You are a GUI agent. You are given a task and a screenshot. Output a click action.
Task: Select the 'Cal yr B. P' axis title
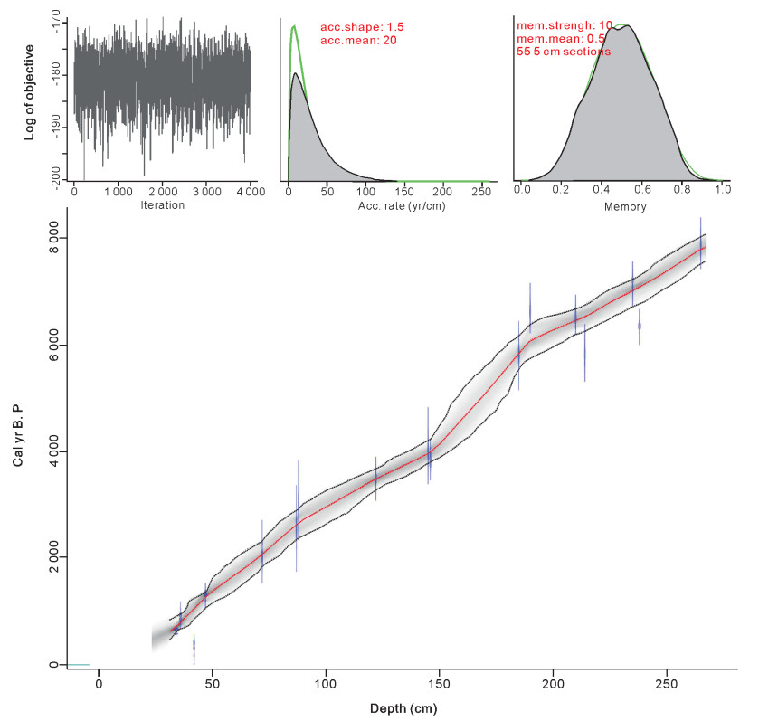[19, 436]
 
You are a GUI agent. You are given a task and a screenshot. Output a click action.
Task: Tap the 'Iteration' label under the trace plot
[163, 205]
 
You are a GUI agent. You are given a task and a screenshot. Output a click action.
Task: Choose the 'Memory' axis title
[620, 205]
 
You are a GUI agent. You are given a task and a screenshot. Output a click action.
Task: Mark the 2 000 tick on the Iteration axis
[163, 192]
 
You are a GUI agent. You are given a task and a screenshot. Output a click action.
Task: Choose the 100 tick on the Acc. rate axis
[365, 192]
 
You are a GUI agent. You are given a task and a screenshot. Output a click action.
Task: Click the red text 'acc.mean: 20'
[358, 41]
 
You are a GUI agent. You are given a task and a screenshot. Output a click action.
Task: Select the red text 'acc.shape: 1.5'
[364, 28]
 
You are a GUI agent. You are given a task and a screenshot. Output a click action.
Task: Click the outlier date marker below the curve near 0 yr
[194, 649]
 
